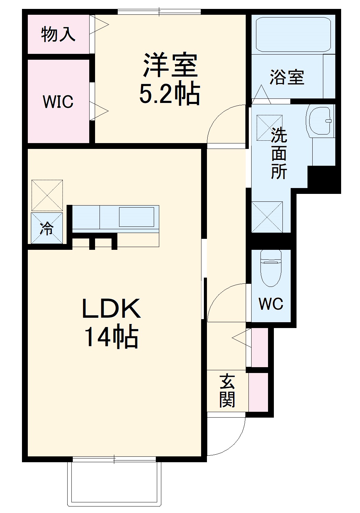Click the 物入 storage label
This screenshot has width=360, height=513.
pyautogui.click(x=58, y=34)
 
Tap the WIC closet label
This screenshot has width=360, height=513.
pyautogui.click(x=58, y=102)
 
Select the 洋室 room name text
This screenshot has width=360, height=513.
pyautogui.click(x=170, y=65)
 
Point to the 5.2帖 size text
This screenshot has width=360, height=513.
pyautogui.click(x=170, y=93)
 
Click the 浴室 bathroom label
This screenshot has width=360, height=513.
pyautogui.click(x=287, y=77)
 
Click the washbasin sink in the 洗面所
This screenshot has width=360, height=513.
pyautogui.click(x=321, y=120)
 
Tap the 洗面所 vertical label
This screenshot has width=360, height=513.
pyautogui.click(x=279, y=153)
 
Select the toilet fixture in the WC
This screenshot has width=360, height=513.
pyautogui.click(x=271, y=267)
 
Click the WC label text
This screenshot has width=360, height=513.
pyautogui.click(x=271, y=303)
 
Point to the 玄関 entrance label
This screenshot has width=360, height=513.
pyautogui.click(x=227, y=391)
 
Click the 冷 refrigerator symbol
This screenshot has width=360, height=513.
pyautogui.click(x=47, y=228)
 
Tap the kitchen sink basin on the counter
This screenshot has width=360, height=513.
pyautogui.click(x=136, y=217)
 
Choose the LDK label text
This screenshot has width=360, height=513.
pyautogui.click(x=111, y=308)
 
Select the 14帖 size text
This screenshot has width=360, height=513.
pyautogui.click(x=111, y=337)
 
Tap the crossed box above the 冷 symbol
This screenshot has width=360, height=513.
pyautogui.click(x=47, y=195)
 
